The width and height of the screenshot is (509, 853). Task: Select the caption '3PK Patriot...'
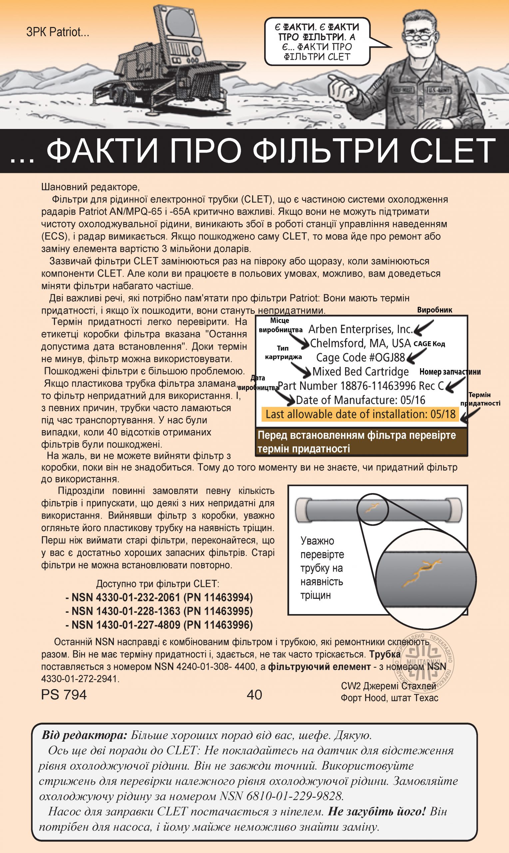(58, 32)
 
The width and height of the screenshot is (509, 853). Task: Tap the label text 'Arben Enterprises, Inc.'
(360, 329)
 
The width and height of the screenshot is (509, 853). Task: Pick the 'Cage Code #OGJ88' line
(360, 358)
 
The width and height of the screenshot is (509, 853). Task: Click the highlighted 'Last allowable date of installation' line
(360, 414)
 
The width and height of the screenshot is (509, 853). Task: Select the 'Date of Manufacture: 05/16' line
(360, 400)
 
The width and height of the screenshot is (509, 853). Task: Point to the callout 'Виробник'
(435, 310)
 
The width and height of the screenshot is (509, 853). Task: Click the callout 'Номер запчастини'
(450, 372)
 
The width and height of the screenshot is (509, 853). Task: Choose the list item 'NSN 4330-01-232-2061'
(159, 597)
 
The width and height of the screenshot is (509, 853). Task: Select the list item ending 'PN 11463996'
(159, 625)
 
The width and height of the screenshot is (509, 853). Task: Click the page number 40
(254, 694)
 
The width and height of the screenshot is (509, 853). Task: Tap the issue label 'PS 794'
(64, 694)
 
